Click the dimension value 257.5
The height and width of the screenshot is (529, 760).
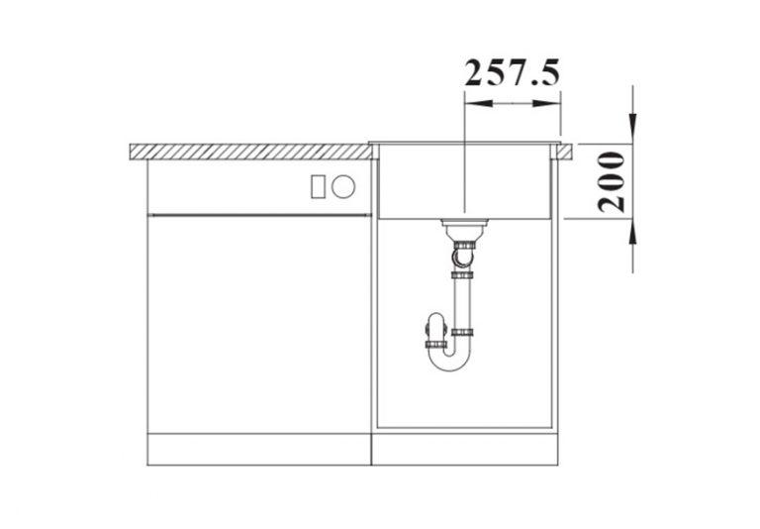pos(512,72)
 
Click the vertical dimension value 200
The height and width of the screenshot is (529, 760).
pos(614,181)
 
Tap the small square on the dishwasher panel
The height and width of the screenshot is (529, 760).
pos(319,185)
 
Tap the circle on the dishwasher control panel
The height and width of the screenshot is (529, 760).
pos(343,185)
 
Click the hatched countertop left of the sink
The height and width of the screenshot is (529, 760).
pos(247,151)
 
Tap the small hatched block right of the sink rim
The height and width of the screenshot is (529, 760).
pos(567,150)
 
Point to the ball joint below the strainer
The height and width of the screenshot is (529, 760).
pos(461,257)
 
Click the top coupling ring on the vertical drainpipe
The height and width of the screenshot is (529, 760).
pos(462,274)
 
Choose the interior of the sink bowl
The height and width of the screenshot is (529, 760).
pos(416,183)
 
